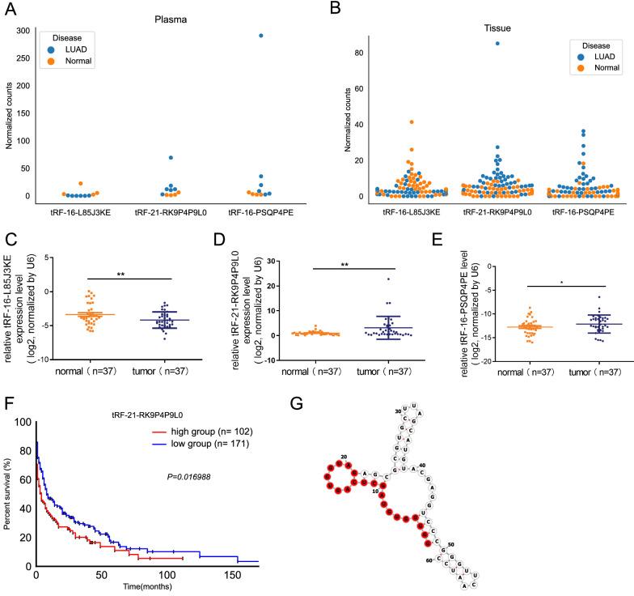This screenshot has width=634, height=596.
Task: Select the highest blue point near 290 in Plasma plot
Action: (x=238, y=36)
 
